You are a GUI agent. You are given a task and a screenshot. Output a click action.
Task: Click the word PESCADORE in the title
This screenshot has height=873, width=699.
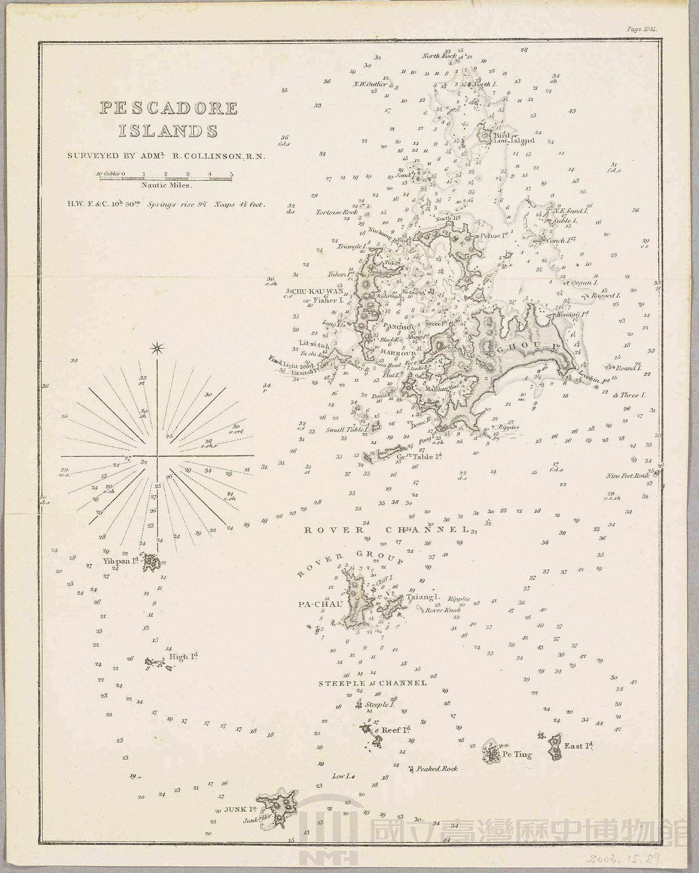169,109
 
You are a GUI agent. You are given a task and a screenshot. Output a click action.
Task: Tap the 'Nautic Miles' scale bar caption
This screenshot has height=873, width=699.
166,185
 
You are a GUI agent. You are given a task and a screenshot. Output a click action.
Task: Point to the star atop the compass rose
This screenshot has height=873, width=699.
157,349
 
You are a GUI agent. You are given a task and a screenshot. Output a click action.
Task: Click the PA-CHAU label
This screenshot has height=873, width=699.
320,604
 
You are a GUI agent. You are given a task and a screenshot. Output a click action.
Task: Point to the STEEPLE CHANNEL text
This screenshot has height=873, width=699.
373,683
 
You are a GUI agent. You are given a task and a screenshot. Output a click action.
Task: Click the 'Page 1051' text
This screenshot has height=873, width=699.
642,29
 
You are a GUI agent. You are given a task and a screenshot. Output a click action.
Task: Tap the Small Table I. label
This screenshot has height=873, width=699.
346,430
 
